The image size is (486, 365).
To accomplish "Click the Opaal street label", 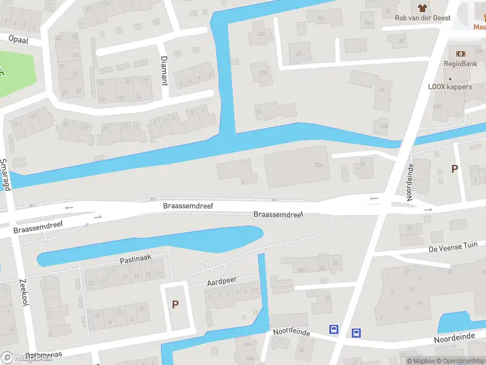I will point(18,38).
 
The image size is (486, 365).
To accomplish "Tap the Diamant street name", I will point(163,69).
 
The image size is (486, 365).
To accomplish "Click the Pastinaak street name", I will point(135,259).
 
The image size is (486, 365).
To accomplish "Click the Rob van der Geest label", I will point(423,18).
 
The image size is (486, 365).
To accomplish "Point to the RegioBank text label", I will point(460,63).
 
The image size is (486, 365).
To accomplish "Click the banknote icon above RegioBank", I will point(460,54).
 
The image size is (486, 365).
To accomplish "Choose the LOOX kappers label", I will point(450,87).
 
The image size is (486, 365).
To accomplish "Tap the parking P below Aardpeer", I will point(176,304).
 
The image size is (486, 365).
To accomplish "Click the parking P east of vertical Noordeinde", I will point(454,169).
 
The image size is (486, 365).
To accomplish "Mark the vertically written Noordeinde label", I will point(410,182).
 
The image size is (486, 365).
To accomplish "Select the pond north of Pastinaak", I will point(152,243).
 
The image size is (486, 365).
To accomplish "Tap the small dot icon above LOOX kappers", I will point(450,79).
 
